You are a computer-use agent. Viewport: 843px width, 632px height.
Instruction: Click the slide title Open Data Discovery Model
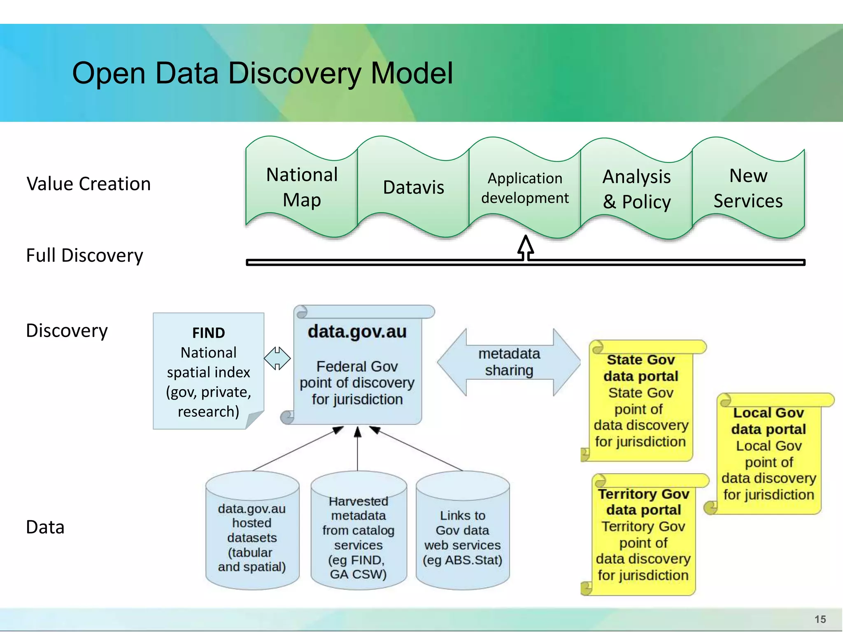(x=262, y=73)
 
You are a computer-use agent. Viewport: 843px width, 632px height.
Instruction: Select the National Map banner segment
(x=302, y=187)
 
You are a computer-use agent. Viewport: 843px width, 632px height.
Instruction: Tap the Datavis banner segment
(x=413, y=187)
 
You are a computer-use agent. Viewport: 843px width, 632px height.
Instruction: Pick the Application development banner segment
(x=525, y=188)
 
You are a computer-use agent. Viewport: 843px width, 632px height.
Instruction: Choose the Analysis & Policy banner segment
(x=636, y=189)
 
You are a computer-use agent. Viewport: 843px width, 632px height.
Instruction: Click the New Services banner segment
(x=748, y=188)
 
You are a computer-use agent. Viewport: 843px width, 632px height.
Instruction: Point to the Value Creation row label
(x=88, y=184)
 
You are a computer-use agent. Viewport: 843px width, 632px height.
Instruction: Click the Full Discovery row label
(x=84, y=255)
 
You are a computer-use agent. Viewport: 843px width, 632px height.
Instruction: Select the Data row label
(x=45, y=527)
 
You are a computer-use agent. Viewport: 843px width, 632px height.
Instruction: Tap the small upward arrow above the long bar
(x=526, y=247)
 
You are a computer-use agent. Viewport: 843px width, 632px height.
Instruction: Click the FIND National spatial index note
(x=208, y=371)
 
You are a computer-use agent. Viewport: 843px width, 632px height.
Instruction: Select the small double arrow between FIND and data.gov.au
(x=277, y=358)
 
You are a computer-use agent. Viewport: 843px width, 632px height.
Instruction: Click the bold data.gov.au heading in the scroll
(x=357, y=332)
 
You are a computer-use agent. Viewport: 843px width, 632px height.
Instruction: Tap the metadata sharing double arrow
(x=509, y=362)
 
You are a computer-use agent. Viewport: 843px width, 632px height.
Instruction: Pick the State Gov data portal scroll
(x=640, y=401)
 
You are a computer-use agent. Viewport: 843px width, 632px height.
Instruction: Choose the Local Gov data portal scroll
(x=768, y=454)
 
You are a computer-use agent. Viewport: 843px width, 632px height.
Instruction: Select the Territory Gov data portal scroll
(x=643, y=535)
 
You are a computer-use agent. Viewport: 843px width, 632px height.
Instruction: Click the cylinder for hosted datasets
(x=252, y=535)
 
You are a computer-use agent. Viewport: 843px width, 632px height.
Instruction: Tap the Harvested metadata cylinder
(x=358, y=535)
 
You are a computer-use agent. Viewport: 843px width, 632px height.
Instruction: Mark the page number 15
(x=820, y=619)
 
